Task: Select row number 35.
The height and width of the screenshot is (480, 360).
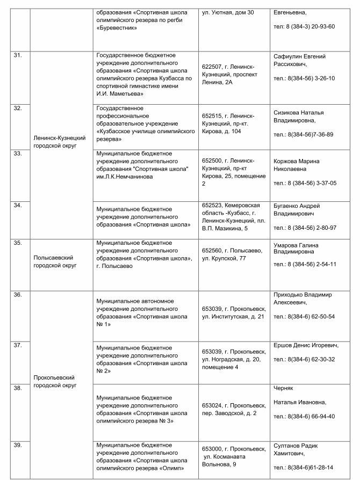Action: coord(18,243)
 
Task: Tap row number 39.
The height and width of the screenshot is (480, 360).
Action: coord(18,445)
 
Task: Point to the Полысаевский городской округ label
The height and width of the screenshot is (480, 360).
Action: coord(53,261)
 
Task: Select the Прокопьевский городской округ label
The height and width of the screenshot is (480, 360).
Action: coord(54,381)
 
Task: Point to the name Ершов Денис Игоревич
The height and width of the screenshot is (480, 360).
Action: coord(306,345)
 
